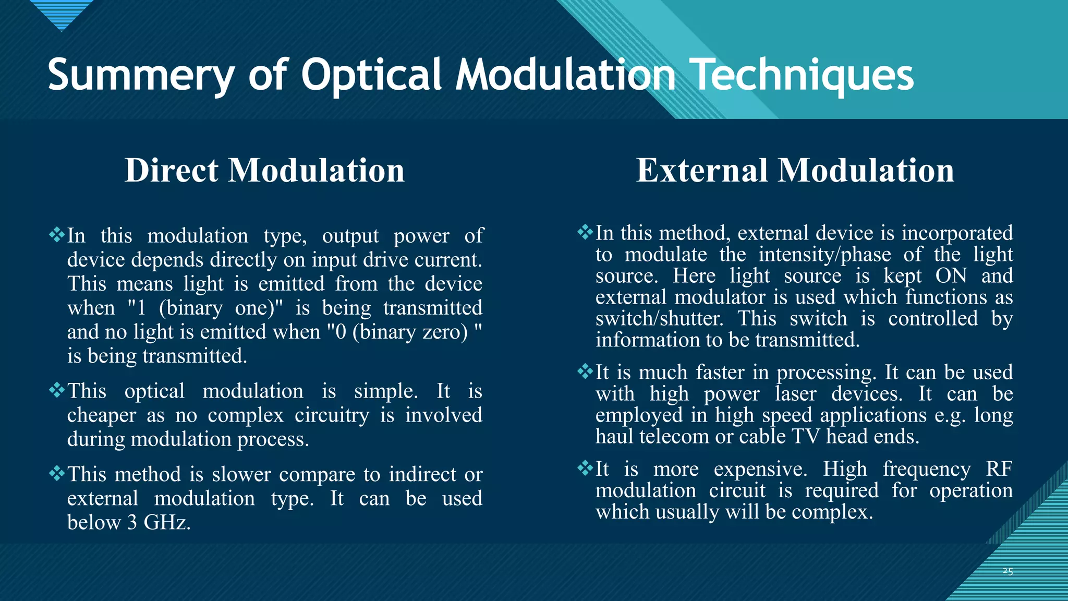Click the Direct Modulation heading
pyautogui.click(x=264, y=171)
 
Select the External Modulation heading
pyautogui.click(x=795, y=171)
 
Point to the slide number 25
pyautogui.click(x=1008, y=571)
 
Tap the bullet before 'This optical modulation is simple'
pyautogui.click(x=56, y=390)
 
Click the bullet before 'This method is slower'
pyautogui.click(x=56, y=473)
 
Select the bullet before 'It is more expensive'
pyautogui.click(x=585, y=467)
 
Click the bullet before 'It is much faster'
pyautogui.click(x=585, y=371)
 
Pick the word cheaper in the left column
pyautogui.click(x=102, y=415)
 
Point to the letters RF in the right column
pyautogui.click(x=999, y=468)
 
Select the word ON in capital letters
pyautogui.click(x=951, y=276)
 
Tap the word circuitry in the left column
pyautogui.click(x=332, y=415)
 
